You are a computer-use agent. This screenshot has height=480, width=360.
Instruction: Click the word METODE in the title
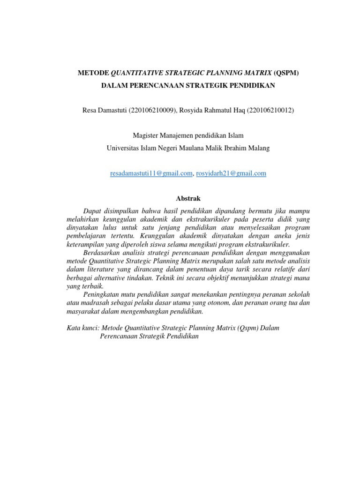click(x=92, y=73)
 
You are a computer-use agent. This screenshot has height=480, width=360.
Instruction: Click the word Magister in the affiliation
click(x=146, y=135)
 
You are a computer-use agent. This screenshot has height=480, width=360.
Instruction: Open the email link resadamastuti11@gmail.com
click(x=151, y=173)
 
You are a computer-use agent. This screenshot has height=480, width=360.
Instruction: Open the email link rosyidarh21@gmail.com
click(x=231, y=173)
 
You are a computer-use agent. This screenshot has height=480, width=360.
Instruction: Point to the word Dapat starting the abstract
click(x=91, y=211)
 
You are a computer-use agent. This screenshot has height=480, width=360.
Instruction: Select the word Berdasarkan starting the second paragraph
click(x=101, y=252)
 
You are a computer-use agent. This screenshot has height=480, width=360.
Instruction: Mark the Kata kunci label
click(x=83, y=328)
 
